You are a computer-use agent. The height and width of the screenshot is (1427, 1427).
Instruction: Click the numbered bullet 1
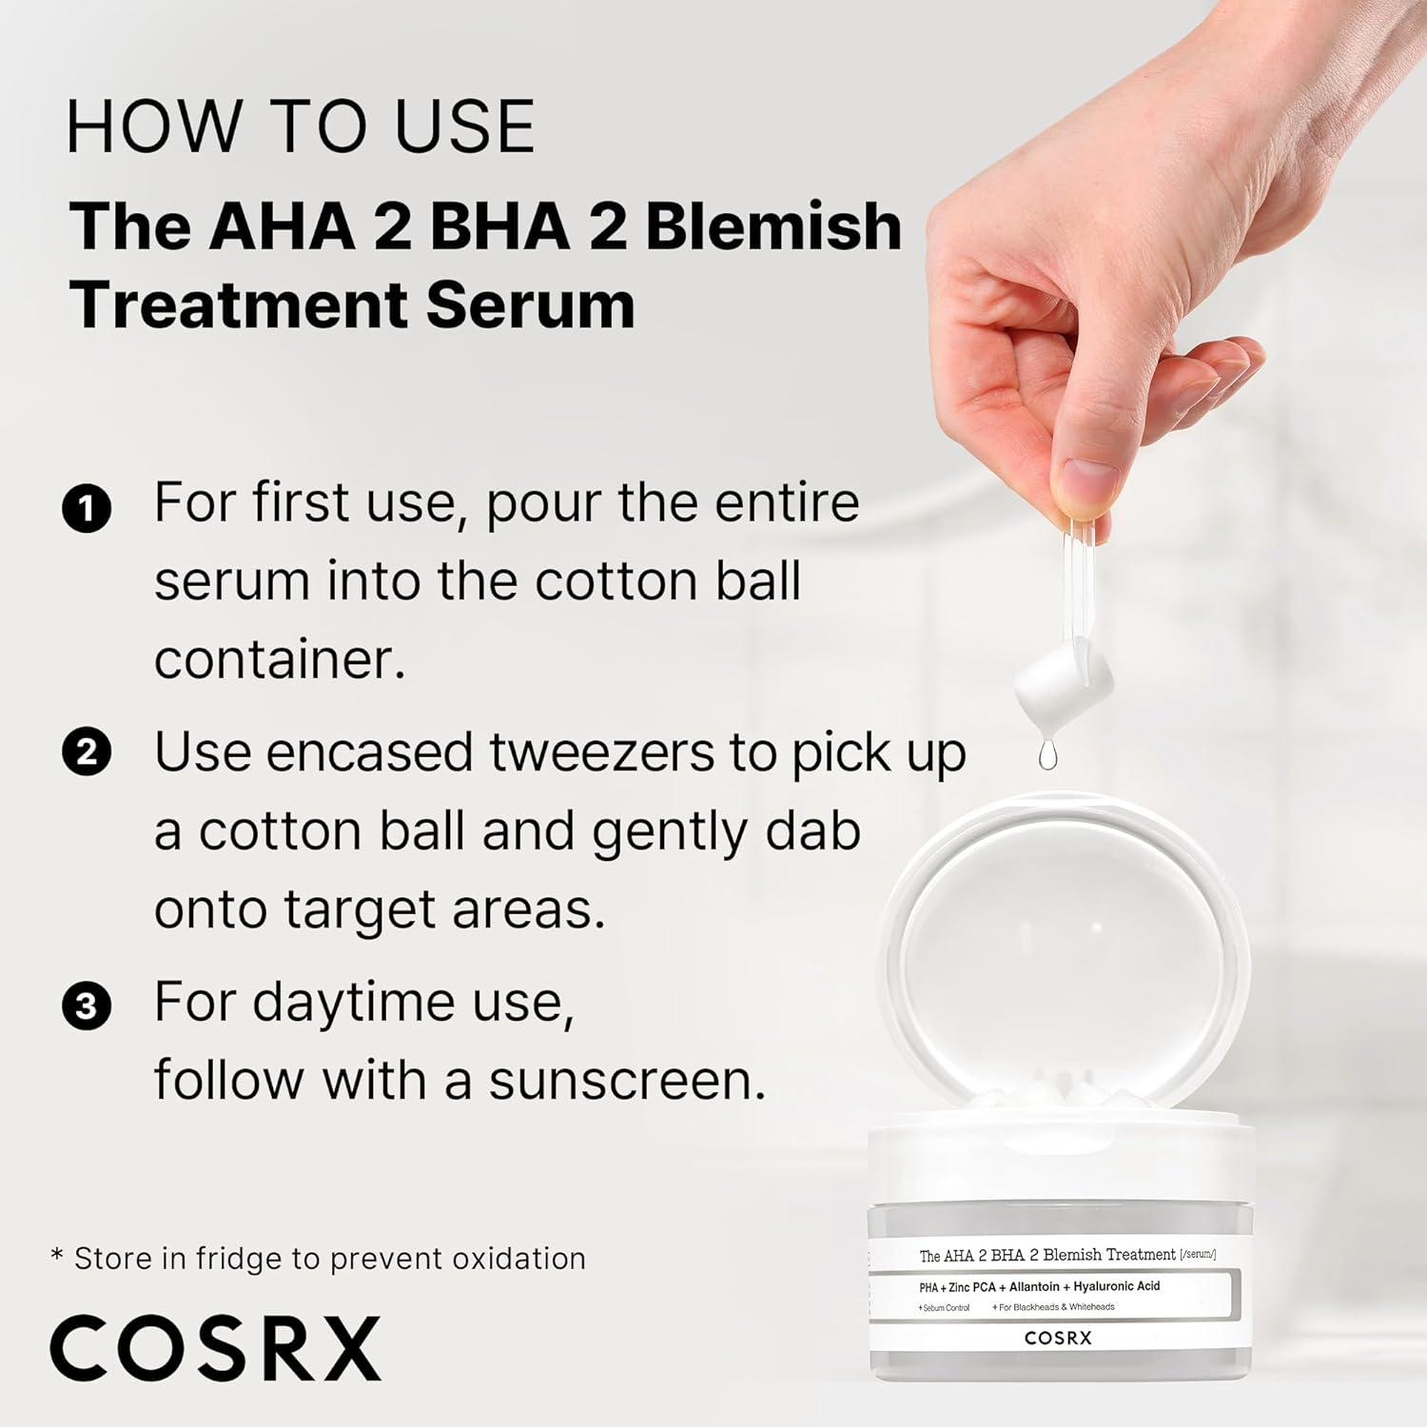87,508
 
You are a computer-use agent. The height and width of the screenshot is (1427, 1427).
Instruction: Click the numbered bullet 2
87,752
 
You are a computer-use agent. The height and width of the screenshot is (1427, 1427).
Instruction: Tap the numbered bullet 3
87,1006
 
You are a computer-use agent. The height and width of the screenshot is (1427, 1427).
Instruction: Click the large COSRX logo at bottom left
215,1348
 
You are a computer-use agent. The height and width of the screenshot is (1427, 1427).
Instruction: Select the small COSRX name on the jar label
1058,1338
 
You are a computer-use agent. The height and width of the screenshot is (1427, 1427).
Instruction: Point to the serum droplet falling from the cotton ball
1047,756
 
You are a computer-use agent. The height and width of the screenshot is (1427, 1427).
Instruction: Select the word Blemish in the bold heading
772,227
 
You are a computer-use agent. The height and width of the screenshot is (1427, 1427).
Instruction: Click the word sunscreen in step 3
627,1081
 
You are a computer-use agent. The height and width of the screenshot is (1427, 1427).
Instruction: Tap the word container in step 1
280,659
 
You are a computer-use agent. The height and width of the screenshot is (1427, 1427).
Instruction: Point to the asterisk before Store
57,1256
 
